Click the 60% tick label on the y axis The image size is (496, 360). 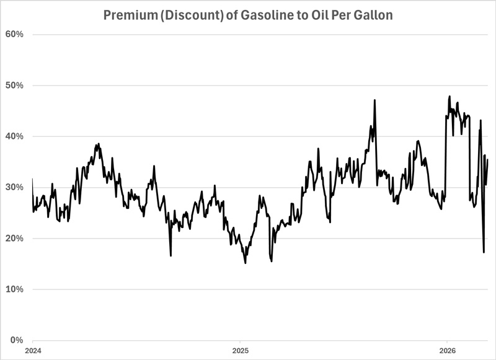coord(15,34)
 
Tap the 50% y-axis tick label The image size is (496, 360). coord(15,85)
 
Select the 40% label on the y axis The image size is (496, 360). coord(15,136)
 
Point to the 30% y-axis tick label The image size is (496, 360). coord(15,187)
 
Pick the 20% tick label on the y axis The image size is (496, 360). coord(15,239)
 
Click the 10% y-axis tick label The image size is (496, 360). coord(15,289)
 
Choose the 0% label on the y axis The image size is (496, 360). coord(17,340)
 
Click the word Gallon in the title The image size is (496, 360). coord(373,15)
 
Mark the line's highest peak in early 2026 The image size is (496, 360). coord(449,97)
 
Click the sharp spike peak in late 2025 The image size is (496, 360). coord(374,100)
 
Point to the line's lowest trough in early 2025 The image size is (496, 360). coord(246,263)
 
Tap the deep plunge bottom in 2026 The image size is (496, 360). coord(484,252)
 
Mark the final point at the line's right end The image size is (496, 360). coord(488,160)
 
